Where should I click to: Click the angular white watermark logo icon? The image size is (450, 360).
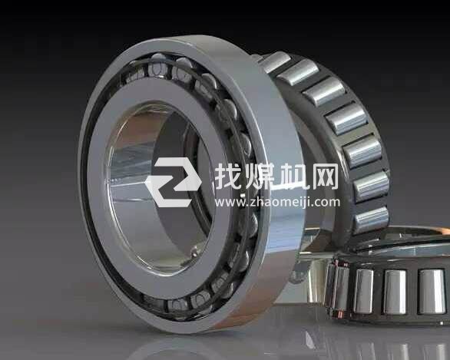pos(174,182)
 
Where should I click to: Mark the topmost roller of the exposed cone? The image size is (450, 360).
pos(276,61)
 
